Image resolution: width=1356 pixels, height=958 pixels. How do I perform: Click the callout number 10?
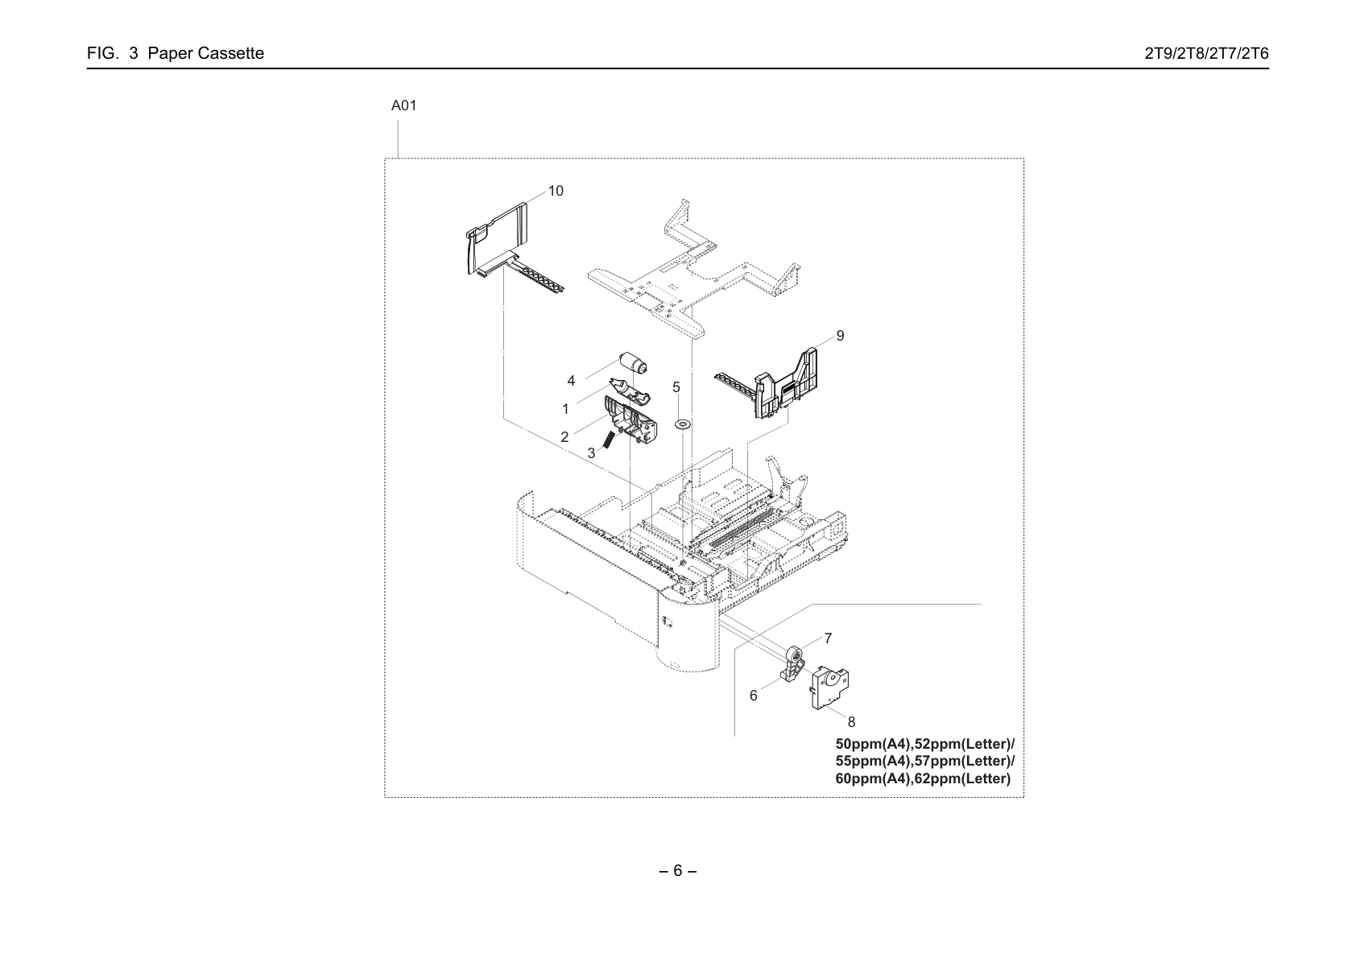556,192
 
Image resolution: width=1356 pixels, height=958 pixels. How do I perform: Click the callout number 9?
840,336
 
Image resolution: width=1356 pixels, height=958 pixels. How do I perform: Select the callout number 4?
571,382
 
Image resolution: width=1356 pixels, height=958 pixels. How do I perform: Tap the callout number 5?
676,387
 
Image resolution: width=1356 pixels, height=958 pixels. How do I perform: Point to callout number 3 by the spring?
591,454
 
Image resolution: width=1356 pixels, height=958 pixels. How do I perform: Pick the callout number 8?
852,722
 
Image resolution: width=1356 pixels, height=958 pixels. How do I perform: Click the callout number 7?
828,638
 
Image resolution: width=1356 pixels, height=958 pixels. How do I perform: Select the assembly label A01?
403,106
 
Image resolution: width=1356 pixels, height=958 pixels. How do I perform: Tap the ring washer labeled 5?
683,423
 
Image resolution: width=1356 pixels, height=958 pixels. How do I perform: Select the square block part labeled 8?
830,687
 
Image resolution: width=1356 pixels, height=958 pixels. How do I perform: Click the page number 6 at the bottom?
677,871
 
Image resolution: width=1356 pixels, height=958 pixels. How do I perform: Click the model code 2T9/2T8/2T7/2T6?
1206,53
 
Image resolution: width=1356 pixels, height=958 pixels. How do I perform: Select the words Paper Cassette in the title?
206,53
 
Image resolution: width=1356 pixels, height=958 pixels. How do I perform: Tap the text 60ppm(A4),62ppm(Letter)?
923,778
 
